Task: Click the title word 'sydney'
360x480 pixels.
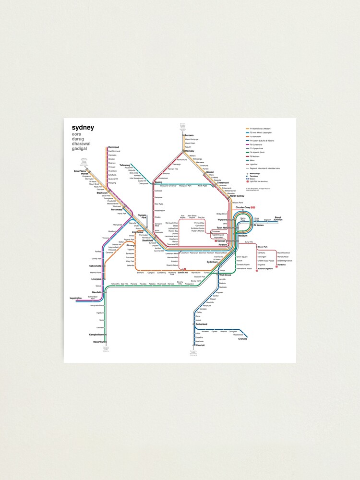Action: click(83, 128)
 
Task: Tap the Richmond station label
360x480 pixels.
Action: click(114, 147)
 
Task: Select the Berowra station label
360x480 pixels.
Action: click(189, 135)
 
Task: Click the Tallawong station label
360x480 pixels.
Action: click(125, 165)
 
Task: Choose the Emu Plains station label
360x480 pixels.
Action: click(79, 171)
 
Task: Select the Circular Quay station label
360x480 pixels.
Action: click(244, 208)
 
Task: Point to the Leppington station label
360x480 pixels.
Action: click(76, 298)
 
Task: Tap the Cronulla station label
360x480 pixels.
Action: click(242, 339)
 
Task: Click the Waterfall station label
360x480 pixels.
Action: click(200, 345)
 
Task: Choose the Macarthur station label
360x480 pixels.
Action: click(98, 342)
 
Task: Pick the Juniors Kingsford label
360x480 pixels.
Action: click(265, 269)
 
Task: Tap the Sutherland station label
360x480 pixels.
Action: click(201, 324)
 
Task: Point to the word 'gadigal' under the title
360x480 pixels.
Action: click(83, 149)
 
